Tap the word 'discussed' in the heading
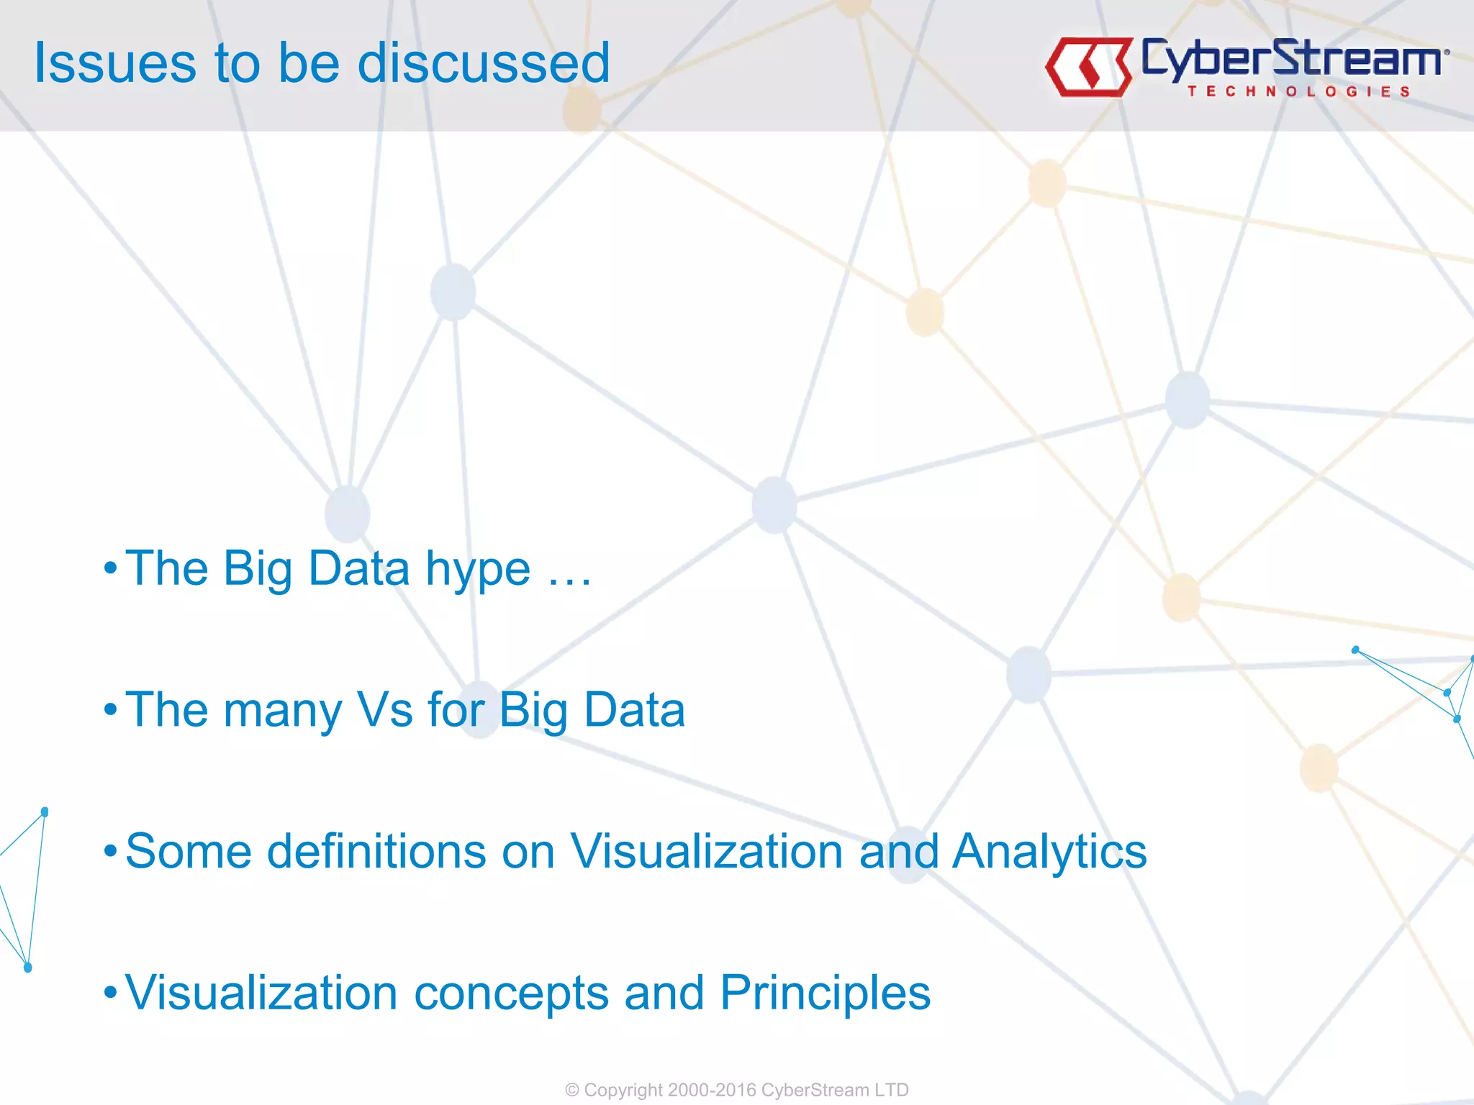click(x=484, y=63)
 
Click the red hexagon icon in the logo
click(x=1088, y=67)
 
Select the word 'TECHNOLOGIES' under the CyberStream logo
click(x=1298, y=91)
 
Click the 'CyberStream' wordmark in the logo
click(x=1292, y=58)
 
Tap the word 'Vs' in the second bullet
click(x=385, y=710)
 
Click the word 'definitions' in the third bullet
click(x=376, y=851)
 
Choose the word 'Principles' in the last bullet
click(x=825, y=993)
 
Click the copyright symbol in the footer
click(x=572, y=1090)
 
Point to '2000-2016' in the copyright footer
click(x=712, y=1090)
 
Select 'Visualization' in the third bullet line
click(x=707, y=851)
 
